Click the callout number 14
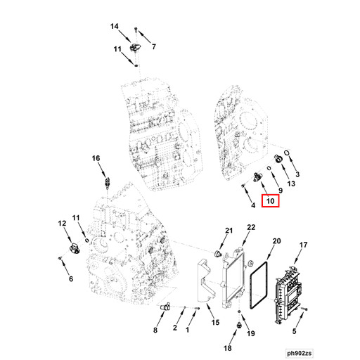click(115, 26)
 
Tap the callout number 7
click(154, 47)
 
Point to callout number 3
click(297, 174)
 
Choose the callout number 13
click(290, 184)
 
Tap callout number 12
click(61, 223)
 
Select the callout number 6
click(70, 279)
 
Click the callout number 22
click(251, 226)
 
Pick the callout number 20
click(276, 241)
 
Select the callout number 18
click(226, 348)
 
